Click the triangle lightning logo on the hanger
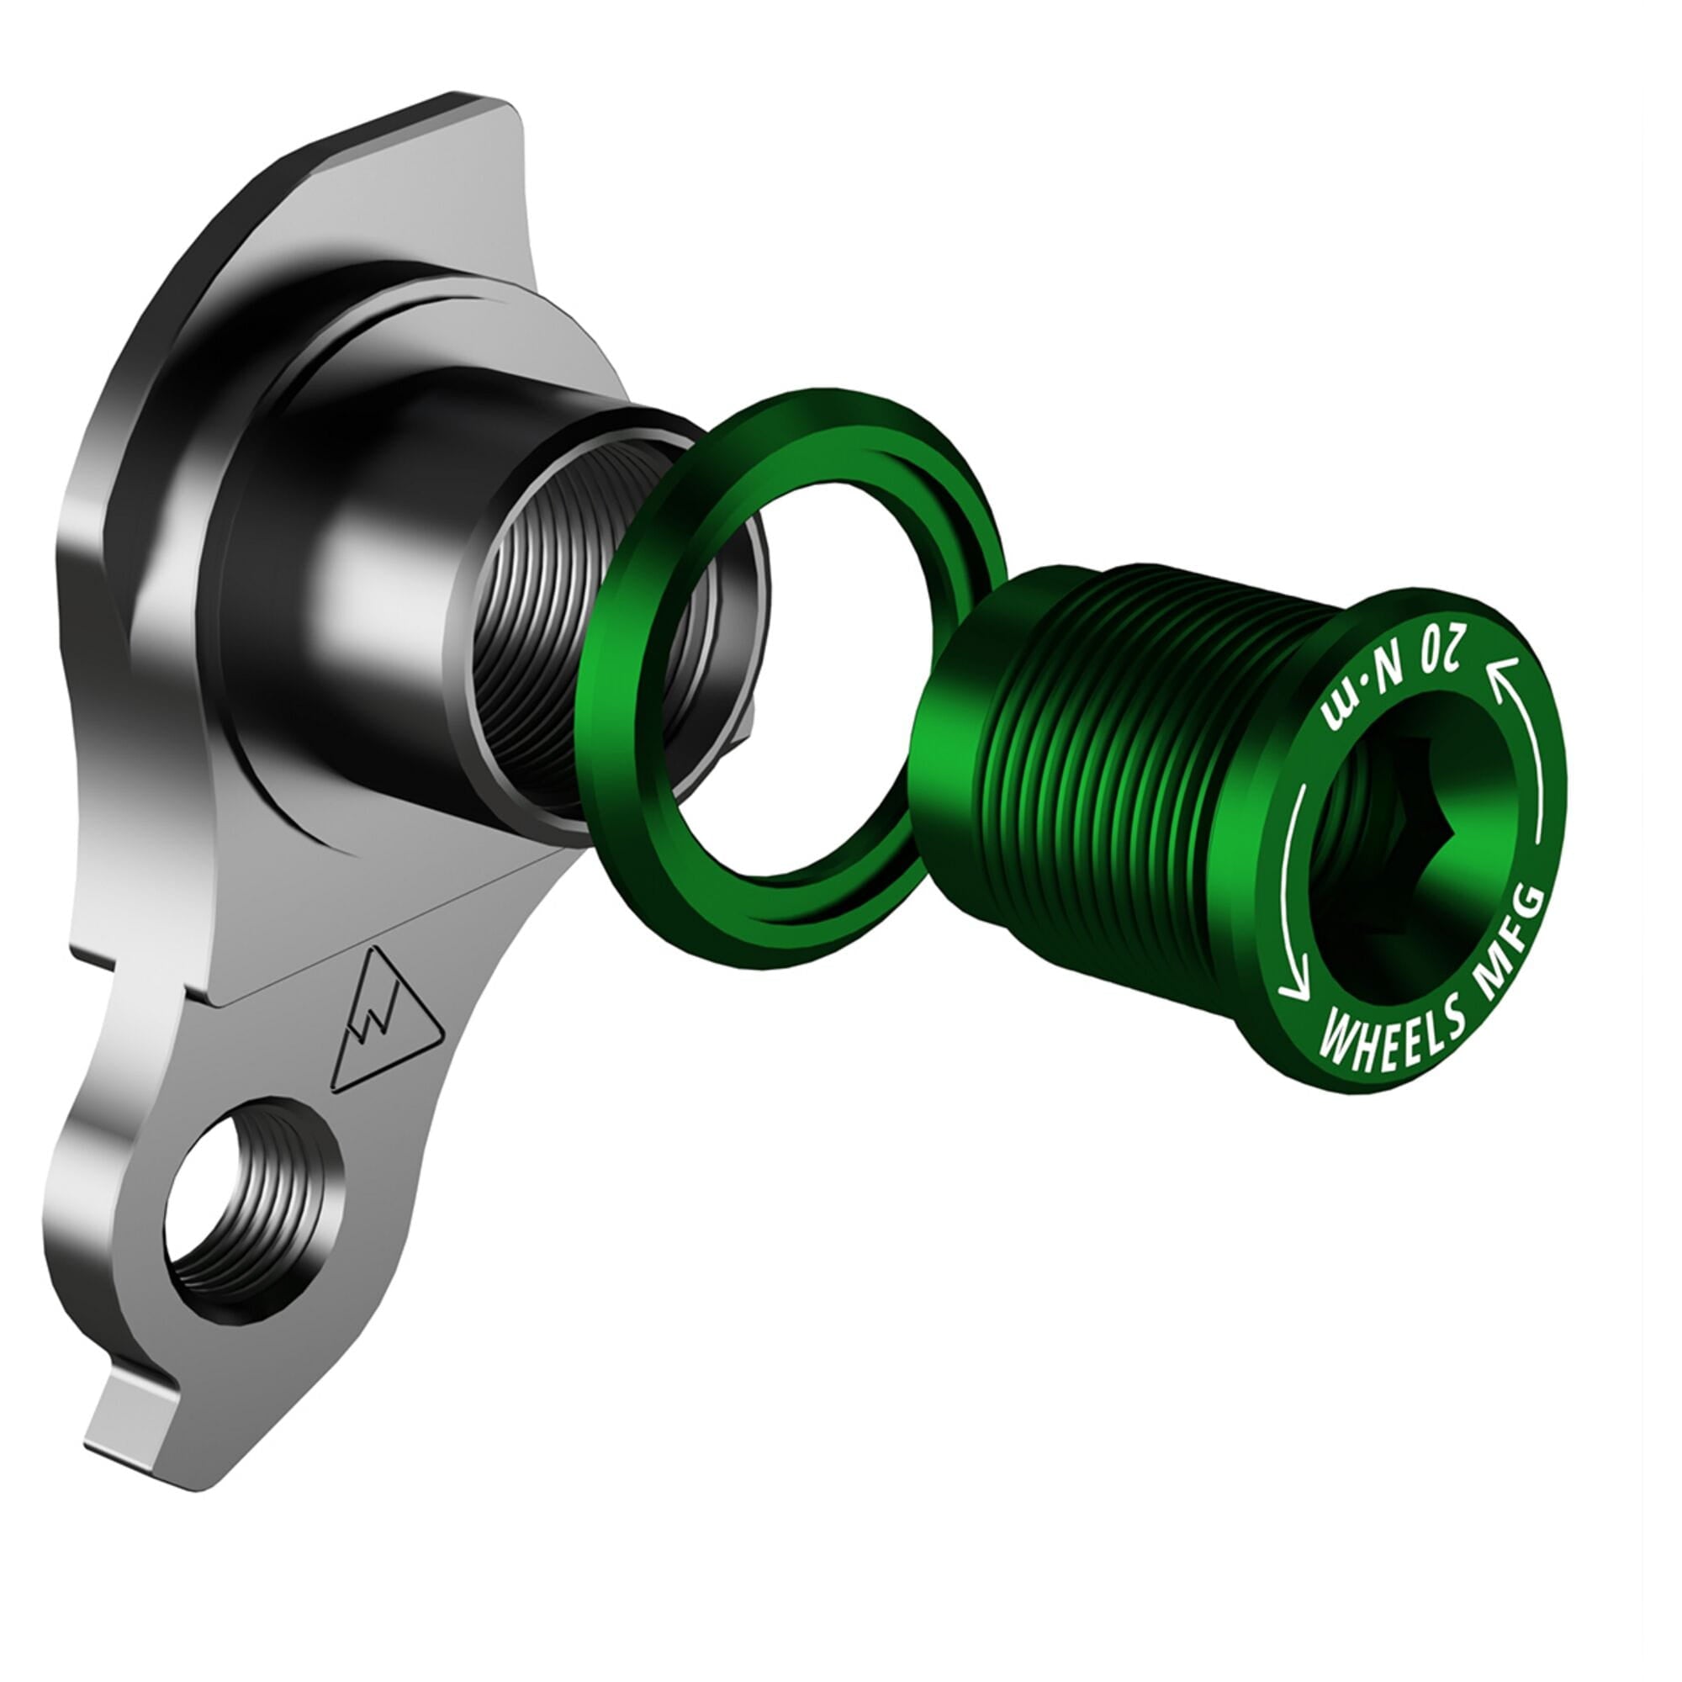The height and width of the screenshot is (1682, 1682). pos(380,992)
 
